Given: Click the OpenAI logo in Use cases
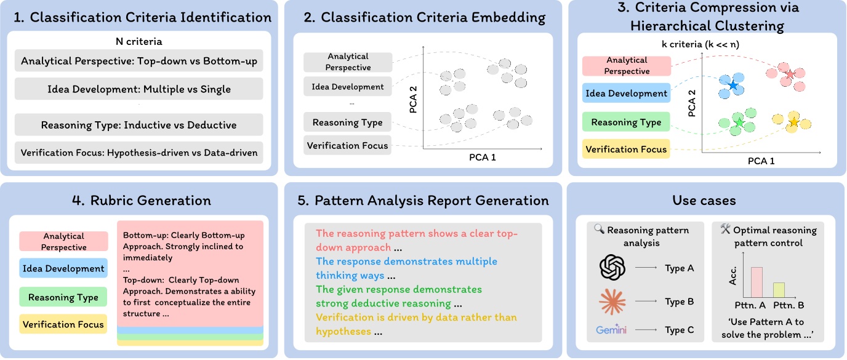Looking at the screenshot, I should point(612,268).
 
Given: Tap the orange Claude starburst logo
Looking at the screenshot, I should point(612,301).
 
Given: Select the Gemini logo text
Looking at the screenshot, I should point(611,330).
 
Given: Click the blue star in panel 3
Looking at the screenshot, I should point(733,86).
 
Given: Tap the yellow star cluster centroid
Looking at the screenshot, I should point(793,122).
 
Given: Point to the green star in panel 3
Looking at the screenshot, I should point(739,124).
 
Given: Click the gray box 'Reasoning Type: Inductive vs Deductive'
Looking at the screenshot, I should point(138,125).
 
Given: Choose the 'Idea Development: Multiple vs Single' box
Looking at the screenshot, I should point(138,89).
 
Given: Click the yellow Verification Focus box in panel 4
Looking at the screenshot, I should point(63,324).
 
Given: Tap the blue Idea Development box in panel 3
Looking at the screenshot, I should point(625,94).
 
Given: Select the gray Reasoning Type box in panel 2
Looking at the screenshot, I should point(347,122).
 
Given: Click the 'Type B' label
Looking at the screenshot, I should point(680,302).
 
